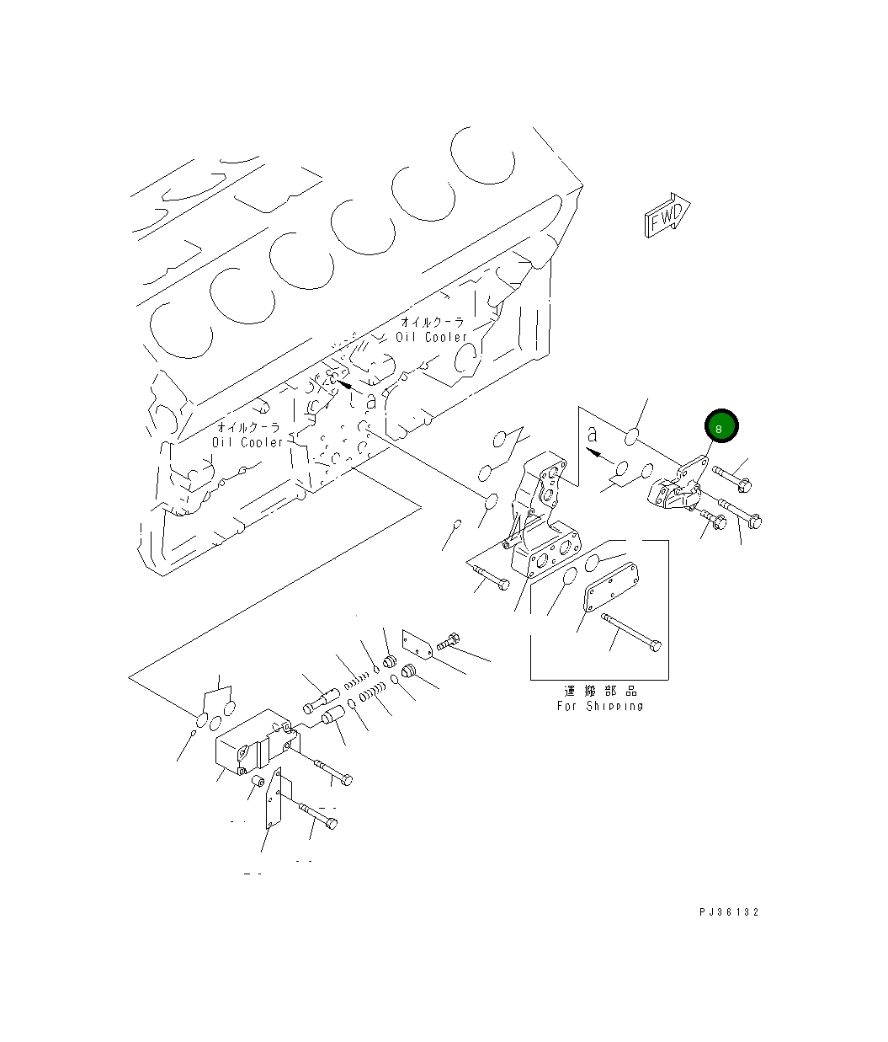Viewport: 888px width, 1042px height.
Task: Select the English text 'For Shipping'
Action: pyautogui.click(x=599, y=706)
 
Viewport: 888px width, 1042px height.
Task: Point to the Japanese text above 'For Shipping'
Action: pyautogui.click(x=600, y=691)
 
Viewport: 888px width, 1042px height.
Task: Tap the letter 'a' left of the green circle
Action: pyautogui.click(x=592, y=435)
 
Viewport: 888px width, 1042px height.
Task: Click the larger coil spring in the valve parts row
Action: pyautogui.click(x=372, y=695)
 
